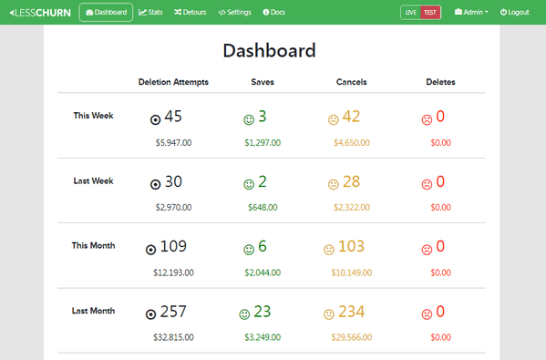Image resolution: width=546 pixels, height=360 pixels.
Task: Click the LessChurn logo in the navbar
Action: click(x=38, y=12)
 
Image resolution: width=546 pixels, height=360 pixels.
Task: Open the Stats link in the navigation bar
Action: click(x=150, y=12)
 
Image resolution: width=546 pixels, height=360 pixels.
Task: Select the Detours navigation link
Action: click(x=190, y=12)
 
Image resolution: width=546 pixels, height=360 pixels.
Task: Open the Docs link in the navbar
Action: click(x=273, y=12)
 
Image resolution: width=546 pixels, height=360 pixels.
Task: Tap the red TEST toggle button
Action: click(x=430, y=12)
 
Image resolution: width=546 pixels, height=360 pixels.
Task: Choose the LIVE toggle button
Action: click(x=411, y=12)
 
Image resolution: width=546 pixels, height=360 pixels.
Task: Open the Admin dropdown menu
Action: click(x=470, y=12)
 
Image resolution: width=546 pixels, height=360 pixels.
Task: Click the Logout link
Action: click(x=514, y=12)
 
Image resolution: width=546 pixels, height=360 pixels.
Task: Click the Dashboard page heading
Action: click(x=269, y=50)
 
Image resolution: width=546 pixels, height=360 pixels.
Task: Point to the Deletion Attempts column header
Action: click(x=173, y=82)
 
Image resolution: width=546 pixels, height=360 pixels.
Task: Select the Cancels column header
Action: click(x=351, y=82)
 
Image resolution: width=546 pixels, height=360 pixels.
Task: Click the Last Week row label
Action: click(x=93, y=180)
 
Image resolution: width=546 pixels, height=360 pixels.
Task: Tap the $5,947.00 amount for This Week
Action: click(x=174, y=142)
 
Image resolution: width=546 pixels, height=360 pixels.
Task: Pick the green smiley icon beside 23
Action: click(x=244, y=314)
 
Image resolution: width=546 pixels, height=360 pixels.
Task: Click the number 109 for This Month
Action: click(x=173, y=246)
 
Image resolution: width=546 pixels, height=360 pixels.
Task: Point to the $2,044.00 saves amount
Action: click(x=263, y=272)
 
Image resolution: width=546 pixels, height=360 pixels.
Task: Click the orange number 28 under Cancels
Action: click(x=351, y=181)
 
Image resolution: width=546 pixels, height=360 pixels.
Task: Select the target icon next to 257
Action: click(x=150, y=314)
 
